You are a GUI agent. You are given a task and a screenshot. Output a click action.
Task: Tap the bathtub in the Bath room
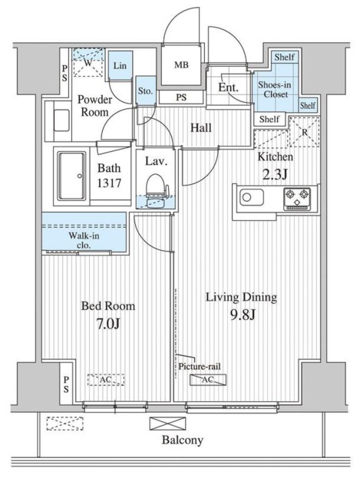click(71, 176)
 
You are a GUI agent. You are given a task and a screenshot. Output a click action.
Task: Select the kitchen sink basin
click(252, 197)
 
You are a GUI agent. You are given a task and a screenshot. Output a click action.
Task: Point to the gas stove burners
click(297, 199)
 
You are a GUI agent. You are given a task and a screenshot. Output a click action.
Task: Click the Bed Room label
click(108, 305)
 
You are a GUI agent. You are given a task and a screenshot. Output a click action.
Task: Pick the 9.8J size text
click(243, 315)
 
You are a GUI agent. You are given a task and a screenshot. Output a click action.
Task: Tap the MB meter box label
click(181, 64)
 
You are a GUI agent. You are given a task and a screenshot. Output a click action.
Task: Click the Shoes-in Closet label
click(275, 89)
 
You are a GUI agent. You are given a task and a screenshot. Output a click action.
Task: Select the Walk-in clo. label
click(84, 240)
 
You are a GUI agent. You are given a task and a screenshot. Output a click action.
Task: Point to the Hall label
click(201, 128)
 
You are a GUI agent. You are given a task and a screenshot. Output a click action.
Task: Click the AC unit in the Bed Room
click(106, 380)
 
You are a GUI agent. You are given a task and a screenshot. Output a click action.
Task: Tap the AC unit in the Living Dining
click(208, 380)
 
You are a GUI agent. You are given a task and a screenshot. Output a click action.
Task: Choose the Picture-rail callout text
click(200, 366)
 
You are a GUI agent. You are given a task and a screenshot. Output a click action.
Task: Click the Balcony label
click(183, 440)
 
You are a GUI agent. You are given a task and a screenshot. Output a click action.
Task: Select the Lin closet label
click(120, 66)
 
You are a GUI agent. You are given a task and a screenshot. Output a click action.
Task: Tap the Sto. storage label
click(145, 91)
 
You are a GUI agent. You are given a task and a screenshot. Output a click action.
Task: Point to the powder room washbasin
click(61, 120)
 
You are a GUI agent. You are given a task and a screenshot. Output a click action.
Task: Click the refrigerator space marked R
click(304, 132)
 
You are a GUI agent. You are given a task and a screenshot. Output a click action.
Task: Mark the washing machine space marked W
click(88, 63)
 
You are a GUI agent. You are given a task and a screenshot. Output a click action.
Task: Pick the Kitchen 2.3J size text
click(275, 175)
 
